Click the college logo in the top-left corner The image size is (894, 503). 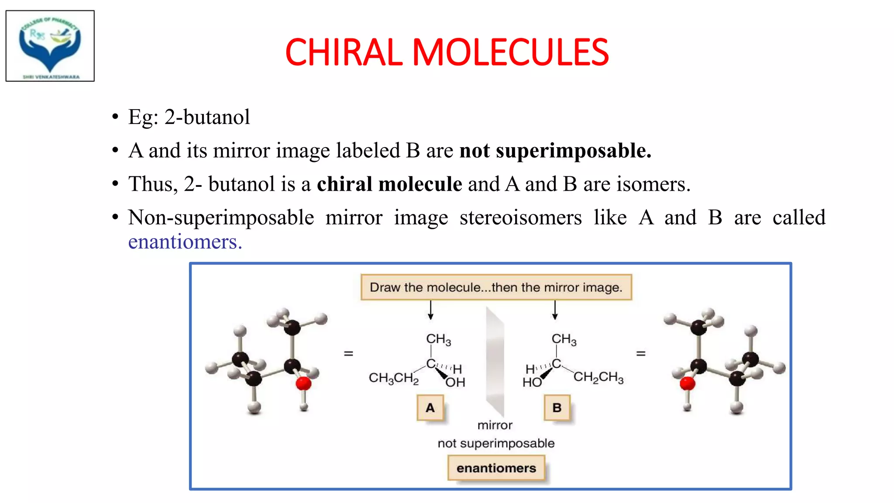point(50,46)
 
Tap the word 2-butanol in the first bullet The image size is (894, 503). point(207,117)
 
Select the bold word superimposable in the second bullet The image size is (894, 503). point(573,151)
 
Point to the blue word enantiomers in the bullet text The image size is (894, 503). point(185,242)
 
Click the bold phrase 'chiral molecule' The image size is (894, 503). point(389,184)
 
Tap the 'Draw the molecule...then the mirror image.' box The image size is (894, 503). point(496,287)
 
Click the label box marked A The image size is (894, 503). point(430,408)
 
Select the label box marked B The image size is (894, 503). point(557,408)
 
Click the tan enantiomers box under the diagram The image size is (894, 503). point(496,468)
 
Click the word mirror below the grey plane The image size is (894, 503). point(495,425)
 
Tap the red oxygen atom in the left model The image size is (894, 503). point(303,384)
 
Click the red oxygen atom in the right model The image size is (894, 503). point(687,384)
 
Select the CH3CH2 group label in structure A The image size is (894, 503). point(393,378)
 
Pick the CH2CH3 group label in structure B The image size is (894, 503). point(598,377)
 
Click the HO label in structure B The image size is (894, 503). point(532,382)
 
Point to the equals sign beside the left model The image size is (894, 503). point(348,353)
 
